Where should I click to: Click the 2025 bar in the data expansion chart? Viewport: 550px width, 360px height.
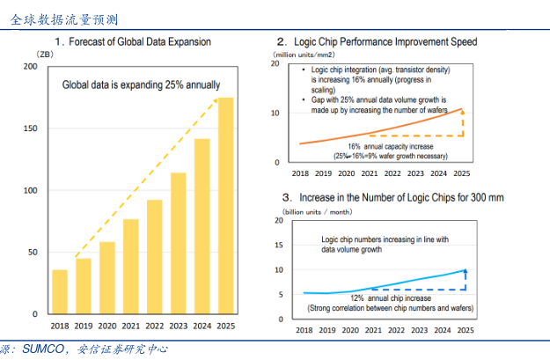(226, 206)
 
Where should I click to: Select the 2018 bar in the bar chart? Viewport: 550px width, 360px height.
(60, 291)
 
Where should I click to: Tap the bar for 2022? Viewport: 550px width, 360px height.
(155, 256)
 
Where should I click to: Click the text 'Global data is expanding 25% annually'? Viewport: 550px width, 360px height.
(141, 85)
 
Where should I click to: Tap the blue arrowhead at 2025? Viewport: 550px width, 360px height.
(465, 271)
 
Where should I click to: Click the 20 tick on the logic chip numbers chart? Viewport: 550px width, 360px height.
(279, 220)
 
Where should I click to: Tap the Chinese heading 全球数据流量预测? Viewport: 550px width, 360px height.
(64, 17)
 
